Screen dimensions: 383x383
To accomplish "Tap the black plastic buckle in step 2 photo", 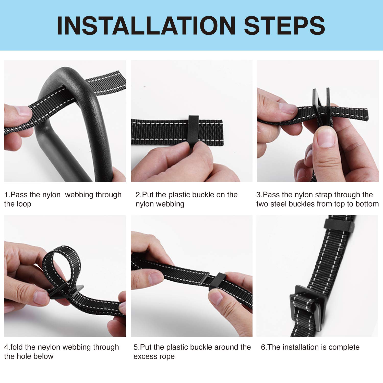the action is coord(194,132).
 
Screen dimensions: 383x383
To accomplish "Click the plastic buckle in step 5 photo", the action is coord(219,282).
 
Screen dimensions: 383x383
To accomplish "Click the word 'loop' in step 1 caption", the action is coord(24,204).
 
